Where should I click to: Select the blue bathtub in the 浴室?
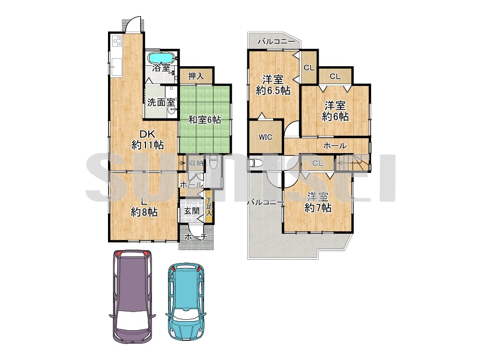161,57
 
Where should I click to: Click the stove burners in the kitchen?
117,41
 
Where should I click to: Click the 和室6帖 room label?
204,120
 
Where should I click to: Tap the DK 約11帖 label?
147,140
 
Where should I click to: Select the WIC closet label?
265,137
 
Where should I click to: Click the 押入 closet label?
196,76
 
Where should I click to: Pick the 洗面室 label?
161,102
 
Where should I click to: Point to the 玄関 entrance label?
192,211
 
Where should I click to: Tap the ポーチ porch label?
196,237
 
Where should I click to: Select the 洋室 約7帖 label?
318,202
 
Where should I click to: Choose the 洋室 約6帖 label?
335,111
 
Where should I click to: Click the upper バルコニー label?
276,41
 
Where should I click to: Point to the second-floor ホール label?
335,146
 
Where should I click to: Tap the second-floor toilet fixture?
255,163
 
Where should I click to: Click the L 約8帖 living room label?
144,206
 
